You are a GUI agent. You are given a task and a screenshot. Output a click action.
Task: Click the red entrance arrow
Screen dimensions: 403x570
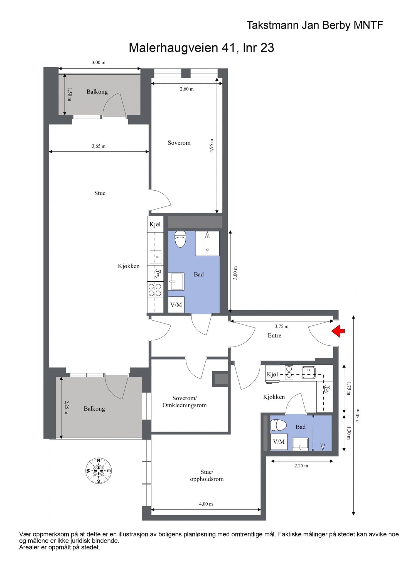tap(338, 331)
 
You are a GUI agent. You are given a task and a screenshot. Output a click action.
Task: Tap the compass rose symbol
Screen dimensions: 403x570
tap(98, 471)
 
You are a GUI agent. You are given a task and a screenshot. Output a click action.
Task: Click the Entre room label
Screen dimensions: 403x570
tap(274, 335)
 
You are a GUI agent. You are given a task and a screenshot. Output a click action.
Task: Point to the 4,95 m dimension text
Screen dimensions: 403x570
tap(212, 146)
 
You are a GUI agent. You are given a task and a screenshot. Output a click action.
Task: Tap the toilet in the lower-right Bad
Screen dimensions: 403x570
tap(278, 425)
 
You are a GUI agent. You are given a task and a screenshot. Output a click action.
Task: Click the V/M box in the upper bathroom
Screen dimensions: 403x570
tap(176, 305)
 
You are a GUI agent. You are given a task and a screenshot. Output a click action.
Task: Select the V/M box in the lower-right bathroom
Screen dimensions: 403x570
tap(279, 442)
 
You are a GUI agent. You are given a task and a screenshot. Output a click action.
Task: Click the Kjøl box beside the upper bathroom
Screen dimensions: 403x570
tap(155, 224)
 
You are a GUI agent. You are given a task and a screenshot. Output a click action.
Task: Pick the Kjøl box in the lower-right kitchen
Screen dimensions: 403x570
tap(272, 374)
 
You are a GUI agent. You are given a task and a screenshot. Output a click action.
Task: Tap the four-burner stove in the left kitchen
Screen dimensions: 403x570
tap(155, 289)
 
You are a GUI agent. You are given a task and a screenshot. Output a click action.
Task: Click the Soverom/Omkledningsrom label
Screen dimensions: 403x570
tap(185, 402)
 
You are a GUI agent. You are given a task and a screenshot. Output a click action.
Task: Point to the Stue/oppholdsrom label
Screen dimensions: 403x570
tap(207, 475)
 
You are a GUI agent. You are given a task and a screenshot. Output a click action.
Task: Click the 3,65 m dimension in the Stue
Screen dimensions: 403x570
tap(99, 146)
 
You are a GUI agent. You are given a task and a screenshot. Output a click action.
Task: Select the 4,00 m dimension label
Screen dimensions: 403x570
tap(206, 504)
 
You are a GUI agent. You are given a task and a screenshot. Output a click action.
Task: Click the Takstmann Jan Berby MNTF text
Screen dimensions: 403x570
tap(315, 25)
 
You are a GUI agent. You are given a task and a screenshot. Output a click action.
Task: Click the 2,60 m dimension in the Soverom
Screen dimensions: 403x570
tap(187, 89)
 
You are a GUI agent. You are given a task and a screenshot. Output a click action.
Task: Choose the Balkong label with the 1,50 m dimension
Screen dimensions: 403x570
tap(97, 92)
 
